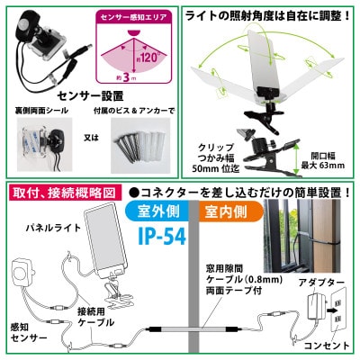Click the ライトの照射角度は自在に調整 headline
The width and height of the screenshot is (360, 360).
(272, 15)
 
